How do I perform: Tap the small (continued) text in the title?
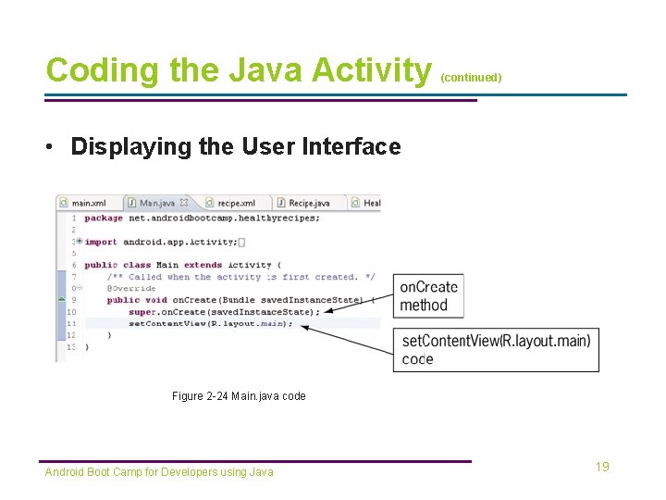pos(471,78)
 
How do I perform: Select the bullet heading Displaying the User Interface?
pos(235,146)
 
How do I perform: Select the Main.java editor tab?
pos(156,203)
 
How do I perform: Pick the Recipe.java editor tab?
pos(308,203)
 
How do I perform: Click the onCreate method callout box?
pos(428,296)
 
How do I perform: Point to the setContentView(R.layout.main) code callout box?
pos(496,350)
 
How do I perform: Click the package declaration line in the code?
pos(202,219)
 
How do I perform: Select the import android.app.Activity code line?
pos(162,242)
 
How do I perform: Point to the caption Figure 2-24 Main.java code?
pos(239,396)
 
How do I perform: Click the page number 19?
pos(602,467)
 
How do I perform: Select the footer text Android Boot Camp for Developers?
pos(159,472)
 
